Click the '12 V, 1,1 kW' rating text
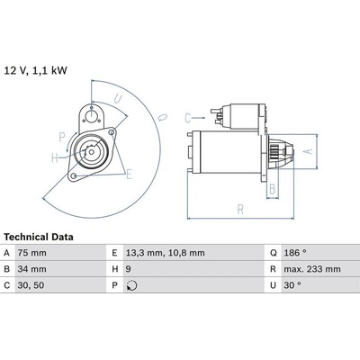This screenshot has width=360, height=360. (x=35, y=71)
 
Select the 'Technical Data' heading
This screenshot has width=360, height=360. (x=39, y=237)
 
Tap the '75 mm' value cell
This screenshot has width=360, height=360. (x=32, y=253)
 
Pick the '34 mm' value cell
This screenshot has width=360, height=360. (x=32, y=269)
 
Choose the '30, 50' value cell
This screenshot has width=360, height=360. (x=31, y=285)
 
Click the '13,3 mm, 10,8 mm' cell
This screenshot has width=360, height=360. (x=165, y=253)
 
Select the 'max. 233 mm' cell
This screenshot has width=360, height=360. (x=312, y=269)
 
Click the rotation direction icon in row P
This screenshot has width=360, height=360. (x=131, y=285)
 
